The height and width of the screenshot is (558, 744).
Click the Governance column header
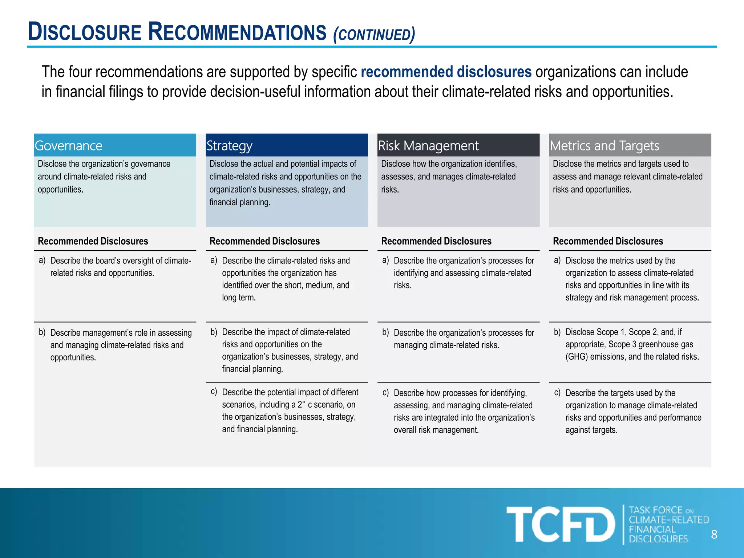[x=68, y=146]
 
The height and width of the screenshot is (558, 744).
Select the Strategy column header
[x=229, y=146]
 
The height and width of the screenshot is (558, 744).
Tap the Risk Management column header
[x=428, y=146]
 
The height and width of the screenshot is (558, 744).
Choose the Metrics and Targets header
[x=604, y=146]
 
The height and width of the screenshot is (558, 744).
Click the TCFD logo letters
[x=561, y=524]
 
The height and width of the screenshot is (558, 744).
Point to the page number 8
[x=714, y=534]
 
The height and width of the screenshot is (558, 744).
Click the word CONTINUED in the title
[x=374, y=35]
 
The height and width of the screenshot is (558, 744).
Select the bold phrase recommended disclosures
[x=446, y=72]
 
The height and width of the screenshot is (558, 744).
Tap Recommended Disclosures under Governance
[x=93, y=241]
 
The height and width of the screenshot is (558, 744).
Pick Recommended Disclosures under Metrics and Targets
[x=608, y=241]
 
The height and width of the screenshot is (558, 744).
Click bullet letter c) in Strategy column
[x=214, y=392]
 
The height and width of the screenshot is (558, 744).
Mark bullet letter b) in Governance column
[x=42, y=332]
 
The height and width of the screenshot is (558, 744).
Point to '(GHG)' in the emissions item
[x=577, y=357]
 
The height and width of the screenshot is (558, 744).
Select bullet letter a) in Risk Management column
[x=385, y=260]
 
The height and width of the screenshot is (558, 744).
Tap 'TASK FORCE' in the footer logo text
[x=656, y=510]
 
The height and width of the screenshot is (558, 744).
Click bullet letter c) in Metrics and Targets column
[x=557, y=392]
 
